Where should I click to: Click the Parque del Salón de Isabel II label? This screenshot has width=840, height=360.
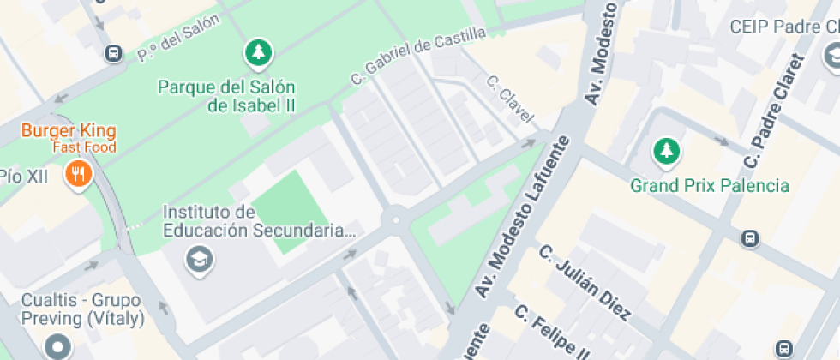click(227, 96)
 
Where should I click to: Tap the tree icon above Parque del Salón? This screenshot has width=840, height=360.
click(258, 54)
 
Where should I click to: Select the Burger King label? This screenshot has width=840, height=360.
click(69, 132)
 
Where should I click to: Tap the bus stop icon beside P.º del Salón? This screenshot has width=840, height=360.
click(112, 54)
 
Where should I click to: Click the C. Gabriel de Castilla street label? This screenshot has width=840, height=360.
click(418, 55)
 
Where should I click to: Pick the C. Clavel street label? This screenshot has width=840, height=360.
click(509, 98)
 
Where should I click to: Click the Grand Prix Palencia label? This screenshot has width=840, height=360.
click(710, 185)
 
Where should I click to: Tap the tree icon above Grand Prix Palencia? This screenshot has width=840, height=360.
click(666, 152)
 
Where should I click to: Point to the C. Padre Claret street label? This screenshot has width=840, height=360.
click(776, 112)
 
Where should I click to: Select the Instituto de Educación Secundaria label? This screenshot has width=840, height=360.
click(258, 220)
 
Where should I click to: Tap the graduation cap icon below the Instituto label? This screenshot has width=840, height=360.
click(200, 257)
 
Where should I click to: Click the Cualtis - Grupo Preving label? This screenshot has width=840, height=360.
click(83, 310)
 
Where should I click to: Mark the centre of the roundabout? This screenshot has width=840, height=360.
click(395, 219)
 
